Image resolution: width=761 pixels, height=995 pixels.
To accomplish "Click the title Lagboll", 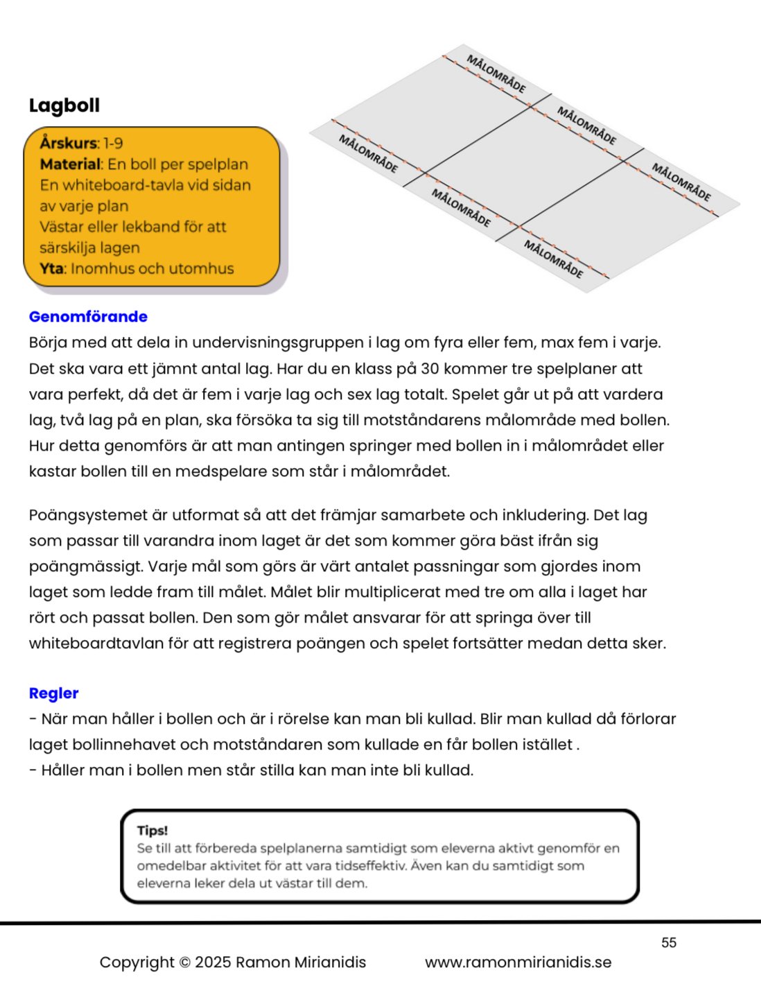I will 64,105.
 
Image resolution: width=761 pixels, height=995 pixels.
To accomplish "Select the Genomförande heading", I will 88,317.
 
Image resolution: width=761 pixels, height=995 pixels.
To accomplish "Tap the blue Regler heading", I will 53,693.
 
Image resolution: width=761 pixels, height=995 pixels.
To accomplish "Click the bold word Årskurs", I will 69,144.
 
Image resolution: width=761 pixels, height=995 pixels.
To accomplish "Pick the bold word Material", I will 71,164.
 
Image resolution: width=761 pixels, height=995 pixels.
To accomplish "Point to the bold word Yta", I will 51,268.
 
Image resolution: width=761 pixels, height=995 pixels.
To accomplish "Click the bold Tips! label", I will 152,831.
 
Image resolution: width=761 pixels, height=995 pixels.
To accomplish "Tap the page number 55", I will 669,942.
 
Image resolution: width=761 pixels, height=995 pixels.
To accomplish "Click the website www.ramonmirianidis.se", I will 518,962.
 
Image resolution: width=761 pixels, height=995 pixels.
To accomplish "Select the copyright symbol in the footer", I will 184,962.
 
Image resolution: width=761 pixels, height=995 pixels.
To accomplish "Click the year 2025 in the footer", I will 213,962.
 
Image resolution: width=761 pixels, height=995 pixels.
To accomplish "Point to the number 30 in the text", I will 430,369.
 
